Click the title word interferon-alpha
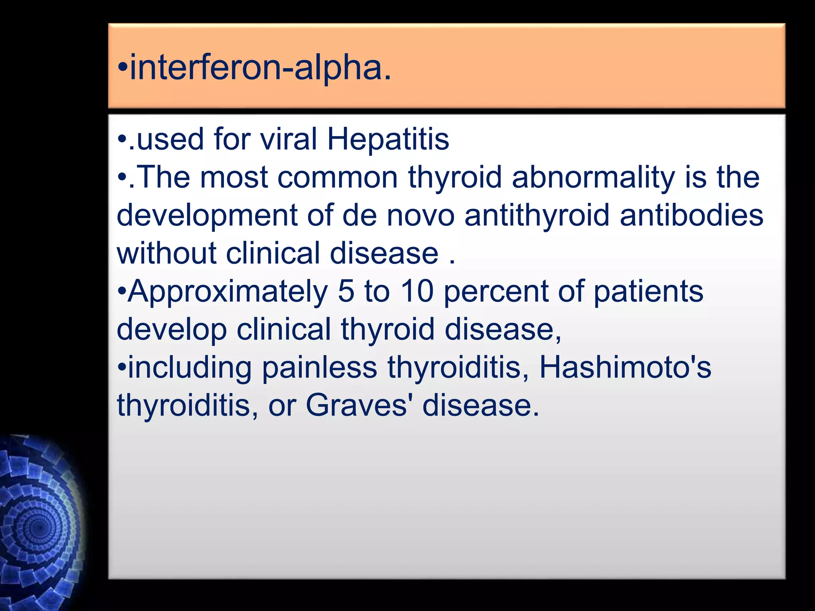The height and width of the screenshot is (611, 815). tap(261, 68)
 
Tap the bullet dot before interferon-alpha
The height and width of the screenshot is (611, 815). tap(123, 69)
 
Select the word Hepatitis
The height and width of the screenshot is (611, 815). tap(388, 140)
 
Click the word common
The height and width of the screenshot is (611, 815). tap(338, 177)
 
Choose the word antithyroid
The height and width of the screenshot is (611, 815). tap(537, 215)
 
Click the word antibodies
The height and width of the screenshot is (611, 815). tap(691, 215)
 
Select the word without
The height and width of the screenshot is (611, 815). tap(166, 253)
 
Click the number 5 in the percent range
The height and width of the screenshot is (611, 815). tap(346, 291)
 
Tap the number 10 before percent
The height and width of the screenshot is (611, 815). tap(417, 291)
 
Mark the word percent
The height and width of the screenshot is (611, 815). tap(496, 292)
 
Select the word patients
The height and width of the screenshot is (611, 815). tap(649, 291)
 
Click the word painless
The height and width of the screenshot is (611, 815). tap(320, 368)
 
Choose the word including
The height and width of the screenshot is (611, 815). tap(190, 368)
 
